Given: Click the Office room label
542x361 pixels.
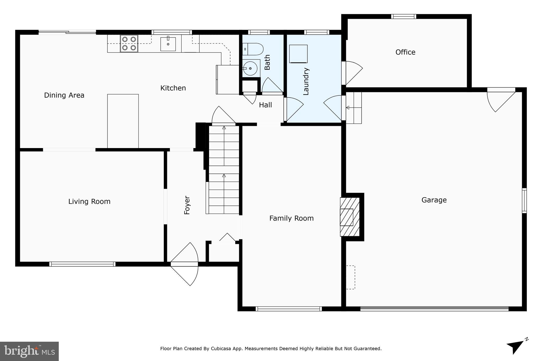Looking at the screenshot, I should pyautogui.click(x=405, y=52).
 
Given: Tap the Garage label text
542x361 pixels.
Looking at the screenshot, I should pyautogui.click(x=434, y=200).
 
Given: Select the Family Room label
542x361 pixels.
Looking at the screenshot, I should pyautogui.click(x=291, y=218).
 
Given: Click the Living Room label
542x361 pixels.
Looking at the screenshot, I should pyautogui.click(x=89, y=202).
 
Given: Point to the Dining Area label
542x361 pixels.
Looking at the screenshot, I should pyautogui.click(x=64, y=95).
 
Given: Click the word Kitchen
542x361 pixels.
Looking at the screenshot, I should pyautogui.click(x=173, y=88).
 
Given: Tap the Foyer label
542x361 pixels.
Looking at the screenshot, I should pyautogui.click(x=187, y=205).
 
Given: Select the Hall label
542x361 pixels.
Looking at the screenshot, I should pyautogui.click(x=265, y=105).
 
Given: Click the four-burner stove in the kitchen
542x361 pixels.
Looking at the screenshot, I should pyautogui.click(x=129, y=44).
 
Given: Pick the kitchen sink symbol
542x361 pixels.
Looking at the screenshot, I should pyautogui.click(x=168, y=44).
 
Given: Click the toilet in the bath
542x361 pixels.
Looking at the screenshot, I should pyautogui.click(x=253, y=49).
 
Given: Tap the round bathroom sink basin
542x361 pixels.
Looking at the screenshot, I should pyautogui.click(x=250, y=68).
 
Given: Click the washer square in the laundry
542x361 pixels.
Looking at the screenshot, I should pyautogui.click(x=298, y=54).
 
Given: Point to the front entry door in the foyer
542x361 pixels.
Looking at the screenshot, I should pyautogui.click(x=184, y=264).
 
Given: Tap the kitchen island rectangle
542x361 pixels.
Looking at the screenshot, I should pyautogui.click(x=123, y=121).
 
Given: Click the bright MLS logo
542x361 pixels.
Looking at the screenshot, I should pyautogui.click(x=29, y=351).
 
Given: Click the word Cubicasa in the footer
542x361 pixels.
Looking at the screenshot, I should pyautogui.click(x=220, y=349).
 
